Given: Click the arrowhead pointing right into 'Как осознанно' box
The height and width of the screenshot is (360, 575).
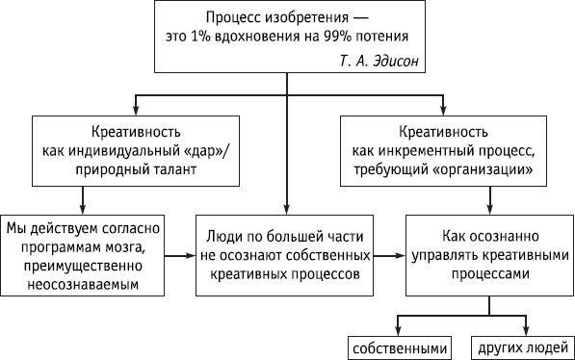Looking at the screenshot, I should click(397, 257).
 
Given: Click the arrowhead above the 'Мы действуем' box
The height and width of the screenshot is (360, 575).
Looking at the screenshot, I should click(83, 206).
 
